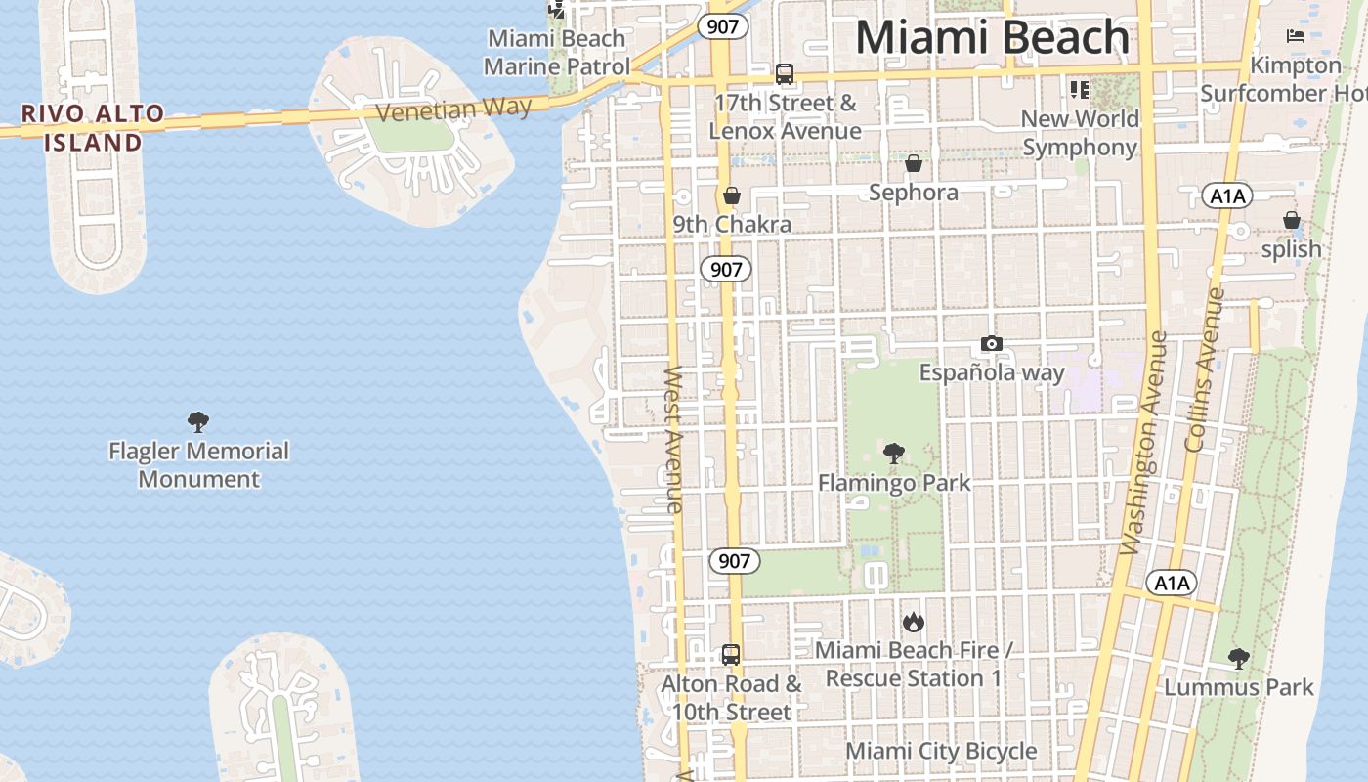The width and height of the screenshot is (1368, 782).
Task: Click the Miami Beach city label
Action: pyautogui.click(x=992, y=37)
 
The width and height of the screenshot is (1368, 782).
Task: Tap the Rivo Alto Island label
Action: pyautogui.click(x=93, y=127)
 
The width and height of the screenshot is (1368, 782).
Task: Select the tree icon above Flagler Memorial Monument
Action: pyautogui.click(x=198, y=422)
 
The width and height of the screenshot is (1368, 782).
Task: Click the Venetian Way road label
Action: pyautogui.click(x=454, y=108)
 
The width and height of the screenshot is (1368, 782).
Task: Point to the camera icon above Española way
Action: pyautogui.click(x=992, y=343)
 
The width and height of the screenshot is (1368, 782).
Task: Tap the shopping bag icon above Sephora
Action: pyautogui.click(x=914, y=162)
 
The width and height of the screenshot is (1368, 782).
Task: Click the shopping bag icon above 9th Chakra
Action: pyautogui.click(x=731, y=195)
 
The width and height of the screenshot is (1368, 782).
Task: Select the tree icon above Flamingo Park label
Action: pyautogui.click(x=893, y=454)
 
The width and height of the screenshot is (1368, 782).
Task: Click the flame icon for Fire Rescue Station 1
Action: pyautogui.click(x=914, y=622)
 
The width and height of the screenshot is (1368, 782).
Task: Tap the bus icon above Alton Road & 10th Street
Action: pyautogui.click(x=731, y=654)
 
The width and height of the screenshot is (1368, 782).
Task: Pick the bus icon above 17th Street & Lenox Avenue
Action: pyautogui.click(x=785, y=73)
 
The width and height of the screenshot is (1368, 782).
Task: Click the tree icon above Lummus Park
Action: pyautogui.click(x=1239, y=658)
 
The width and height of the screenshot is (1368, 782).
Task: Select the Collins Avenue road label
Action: pyautogui.click(x=1204, y=369)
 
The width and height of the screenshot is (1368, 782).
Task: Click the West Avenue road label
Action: pyautogui.click(x=673, y=440)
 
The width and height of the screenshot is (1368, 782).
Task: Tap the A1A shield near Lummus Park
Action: pyautogui.click(x=1171, y=584)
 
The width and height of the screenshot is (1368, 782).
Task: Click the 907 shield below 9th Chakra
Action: pyautogui.click(x=726, y=269)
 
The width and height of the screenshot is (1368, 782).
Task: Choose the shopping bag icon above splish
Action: pyautogui.click(x=1292, y=220)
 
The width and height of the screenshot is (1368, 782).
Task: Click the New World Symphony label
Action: pyautogui.click(x=1080, y=133)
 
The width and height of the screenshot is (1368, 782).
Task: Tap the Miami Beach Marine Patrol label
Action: pyautogui.click(x=557, y=53)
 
